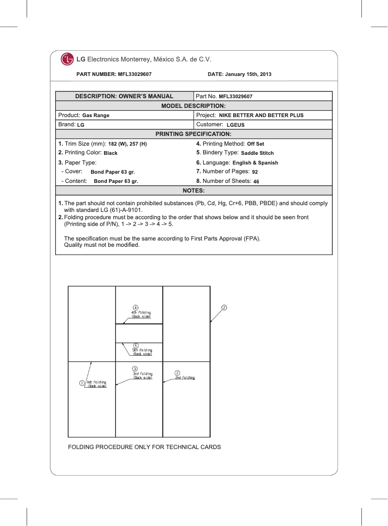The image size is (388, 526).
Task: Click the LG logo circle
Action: pos(67,60)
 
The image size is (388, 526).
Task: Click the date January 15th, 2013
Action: pos(239,75)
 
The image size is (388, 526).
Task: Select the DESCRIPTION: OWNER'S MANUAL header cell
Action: pos(124,96)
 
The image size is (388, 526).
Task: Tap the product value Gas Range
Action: pos(96,116)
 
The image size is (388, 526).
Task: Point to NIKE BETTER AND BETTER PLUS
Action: pos(261,116)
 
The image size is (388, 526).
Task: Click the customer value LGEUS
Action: pos(236,125)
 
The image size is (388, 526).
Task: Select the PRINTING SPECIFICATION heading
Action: pos(194,134)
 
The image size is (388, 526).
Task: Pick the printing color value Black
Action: pos(111,153)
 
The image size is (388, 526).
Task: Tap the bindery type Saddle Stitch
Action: pos(257,153)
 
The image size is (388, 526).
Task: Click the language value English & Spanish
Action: pos(255,163)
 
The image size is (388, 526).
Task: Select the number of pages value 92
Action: pos(255,172)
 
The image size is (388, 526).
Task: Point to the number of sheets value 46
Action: pos(256,181)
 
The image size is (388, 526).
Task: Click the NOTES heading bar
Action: pos(194,191)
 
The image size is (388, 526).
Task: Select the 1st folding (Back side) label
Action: pos(97,384)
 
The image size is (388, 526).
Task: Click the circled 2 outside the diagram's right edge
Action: pos(224,307)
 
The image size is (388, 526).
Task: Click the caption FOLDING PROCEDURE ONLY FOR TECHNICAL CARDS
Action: pos(145,447)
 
